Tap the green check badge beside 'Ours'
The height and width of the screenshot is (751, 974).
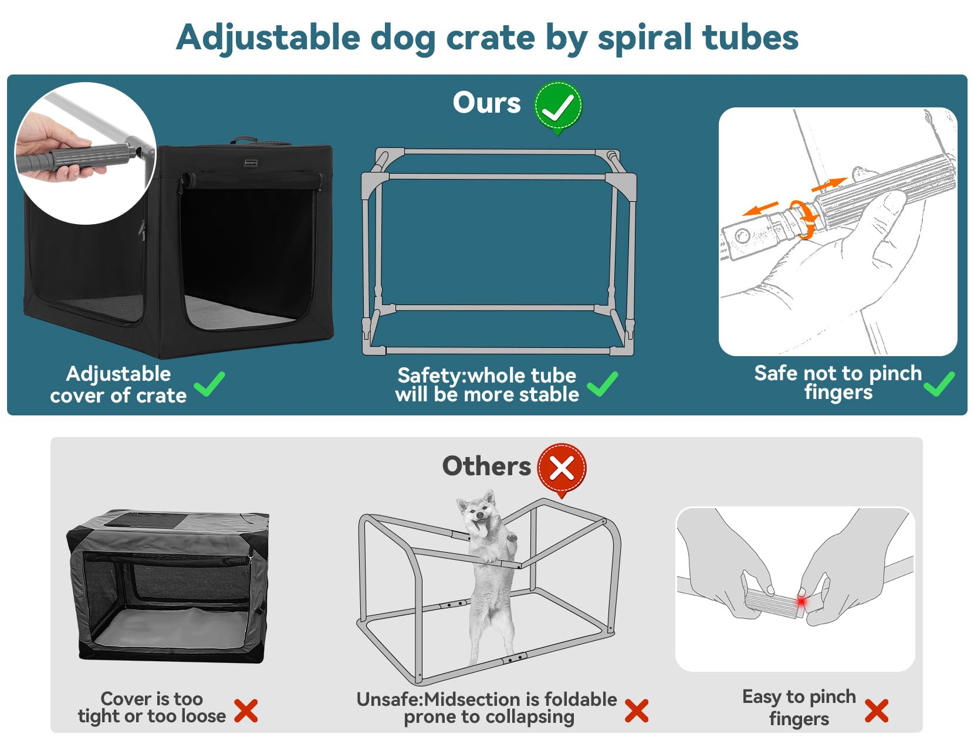557,106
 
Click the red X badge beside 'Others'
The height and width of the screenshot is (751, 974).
562,468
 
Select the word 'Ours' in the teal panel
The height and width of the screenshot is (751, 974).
486,103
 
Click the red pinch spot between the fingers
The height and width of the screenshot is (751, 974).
801,602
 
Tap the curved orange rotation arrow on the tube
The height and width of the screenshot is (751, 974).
804,218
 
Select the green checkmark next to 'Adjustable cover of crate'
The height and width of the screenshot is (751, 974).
209,384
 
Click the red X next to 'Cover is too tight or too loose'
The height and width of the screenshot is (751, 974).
246,711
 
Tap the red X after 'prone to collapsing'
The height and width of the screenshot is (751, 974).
637,711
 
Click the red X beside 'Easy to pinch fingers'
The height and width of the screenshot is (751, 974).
876,711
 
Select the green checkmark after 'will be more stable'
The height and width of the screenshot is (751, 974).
603,384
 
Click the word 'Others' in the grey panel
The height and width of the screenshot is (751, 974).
486,466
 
